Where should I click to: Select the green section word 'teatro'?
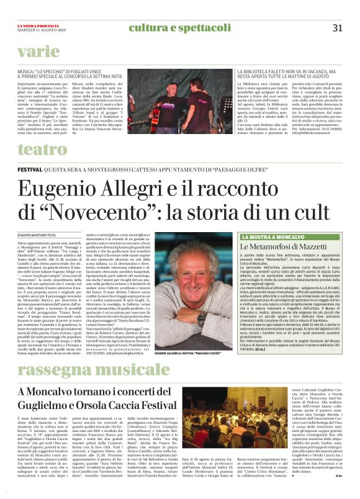click(x=42, y=148)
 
